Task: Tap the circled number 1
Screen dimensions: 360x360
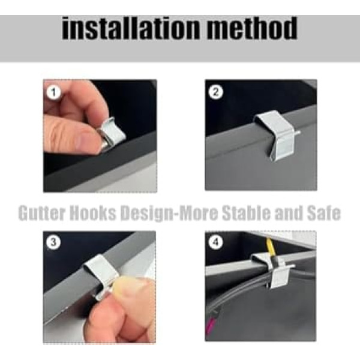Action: click(x=54, y=92)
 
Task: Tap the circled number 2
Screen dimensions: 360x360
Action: click(x=216, y=92)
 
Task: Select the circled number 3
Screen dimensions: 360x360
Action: click(x=53, y=242)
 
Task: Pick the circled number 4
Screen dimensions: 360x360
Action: click(x=216, y=242)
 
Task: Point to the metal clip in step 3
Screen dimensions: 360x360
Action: click(x=101, y=275)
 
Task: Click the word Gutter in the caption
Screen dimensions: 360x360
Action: click(x=41, y=213)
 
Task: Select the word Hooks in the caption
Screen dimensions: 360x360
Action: click(x=93, y=213)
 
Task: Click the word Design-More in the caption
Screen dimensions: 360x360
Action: click(x=169, y=214)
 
